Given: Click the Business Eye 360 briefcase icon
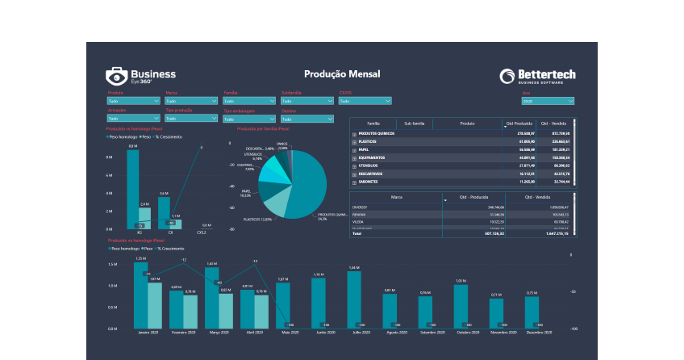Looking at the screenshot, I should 116,77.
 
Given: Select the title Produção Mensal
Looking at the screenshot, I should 342,74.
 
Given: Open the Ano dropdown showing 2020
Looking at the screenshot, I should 548,102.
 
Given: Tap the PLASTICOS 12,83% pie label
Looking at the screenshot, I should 260,220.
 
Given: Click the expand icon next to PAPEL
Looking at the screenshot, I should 354,149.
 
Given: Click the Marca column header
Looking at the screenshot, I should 396,197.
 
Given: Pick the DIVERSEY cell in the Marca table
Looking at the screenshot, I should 361,207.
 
